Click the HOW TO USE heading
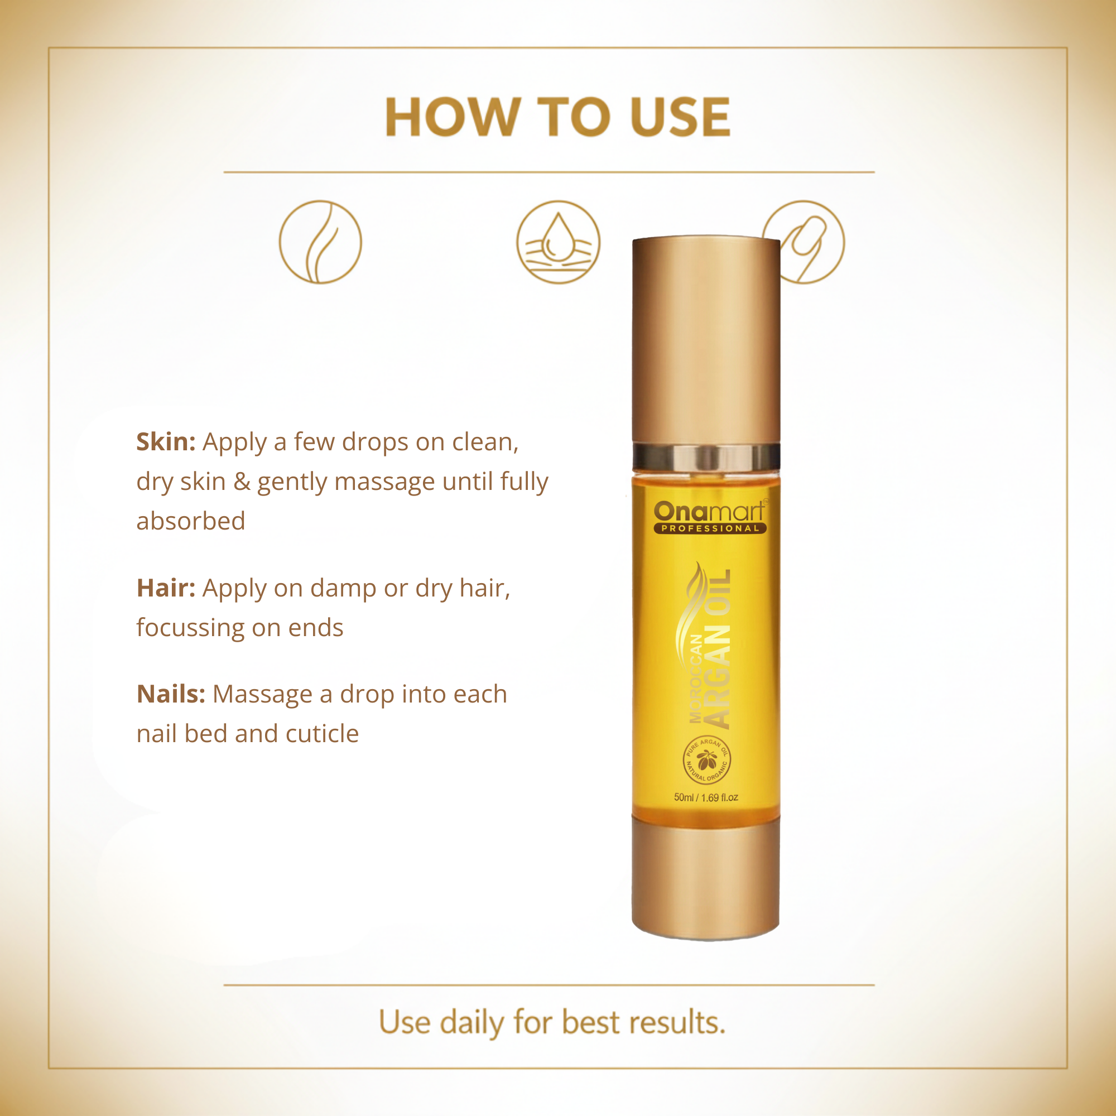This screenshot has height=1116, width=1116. tap(557, 117)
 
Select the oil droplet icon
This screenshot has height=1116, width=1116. tap(559, 242)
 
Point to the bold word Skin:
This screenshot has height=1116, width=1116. tap(166, 442)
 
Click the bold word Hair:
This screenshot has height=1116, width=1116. tap(166, 588)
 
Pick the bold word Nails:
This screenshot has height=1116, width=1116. tap(171, 694)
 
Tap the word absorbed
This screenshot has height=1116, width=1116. tap(191, 521)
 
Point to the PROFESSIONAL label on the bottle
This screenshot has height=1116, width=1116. tap(710, 528)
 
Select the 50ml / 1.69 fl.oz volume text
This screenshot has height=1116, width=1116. tap(706, 798)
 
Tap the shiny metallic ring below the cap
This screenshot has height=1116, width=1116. tap(706, 458)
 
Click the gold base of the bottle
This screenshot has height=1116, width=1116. tap(706, 877)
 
